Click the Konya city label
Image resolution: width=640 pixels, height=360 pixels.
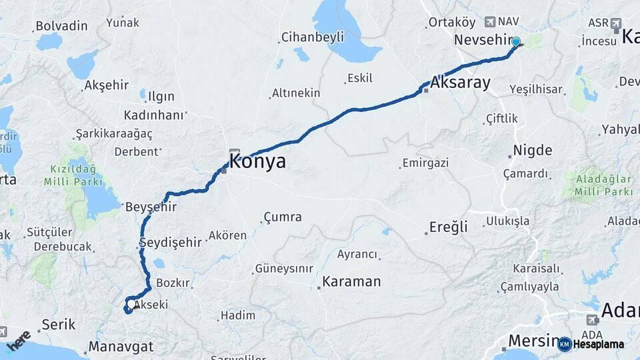coord(257,161)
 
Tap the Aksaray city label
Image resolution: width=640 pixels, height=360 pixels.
coord(460,83)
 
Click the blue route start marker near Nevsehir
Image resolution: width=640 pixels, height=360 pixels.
coord(515,42)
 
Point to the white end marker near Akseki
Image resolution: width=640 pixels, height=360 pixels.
coord(128,307)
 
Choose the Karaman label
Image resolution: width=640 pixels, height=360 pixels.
coord(351,281)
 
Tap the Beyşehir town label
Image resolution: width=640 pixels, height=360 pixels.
coord(151,207)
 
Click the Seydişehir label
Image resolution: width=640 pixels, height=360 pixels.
coord(171,242)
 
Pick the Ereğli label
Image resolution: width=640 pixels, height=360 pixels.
coord(450,227)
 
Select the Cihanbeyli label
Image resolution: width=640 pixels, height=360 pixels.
coord(312,37)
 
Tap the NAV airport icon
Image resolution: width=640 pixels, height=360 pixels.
coord(491,22)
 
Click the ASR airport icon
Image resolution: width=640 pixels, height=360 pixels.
coord(615,23)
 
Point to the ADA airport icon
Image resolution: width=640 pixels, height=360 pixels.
coord(592,320)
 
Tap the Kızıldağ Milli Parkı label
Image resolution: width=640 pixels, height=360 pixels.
coord(73,175)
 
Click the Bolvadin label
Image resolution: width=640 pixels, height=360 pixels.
coord(61,26)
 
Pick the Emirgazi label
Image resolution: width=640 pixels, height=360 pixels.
coord(425,163)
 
